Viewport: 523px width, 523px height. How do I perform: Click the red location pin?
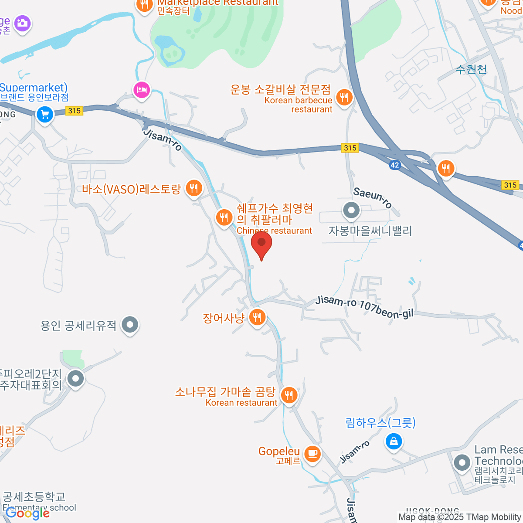pos(261,243)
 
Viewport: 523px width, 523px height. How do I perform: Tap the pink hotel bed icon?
pos(142,91)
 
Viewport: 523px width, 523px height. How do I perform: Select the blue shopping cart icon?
pos(45,115)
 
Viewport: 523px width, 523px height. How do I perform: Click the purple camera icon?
pos(22,23)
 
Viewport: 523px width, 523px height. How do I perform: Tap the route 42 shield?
pos(394,165)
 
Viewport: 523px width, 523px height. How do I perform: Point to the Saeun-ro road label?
pos(373,197)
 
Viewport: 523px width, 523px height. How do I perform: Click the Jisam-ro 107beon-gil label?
pos(364,307)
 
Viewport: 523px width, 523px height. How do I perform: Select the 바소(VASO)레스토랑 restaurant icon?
pos(194,188)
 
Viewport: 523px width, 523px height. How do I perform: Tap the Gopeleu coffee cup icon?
pos(312,453)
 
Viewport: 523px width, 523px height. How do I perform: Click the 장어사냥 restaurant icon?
pos(257,317)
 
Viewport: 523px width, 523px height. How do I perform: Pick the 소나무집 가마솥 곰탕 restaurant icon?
pos(289,395)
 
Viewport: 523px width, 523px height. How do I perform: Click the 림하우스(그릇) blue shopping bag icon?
pos(394,442)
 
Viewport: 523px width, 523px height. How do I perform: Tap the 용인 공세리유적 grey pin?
pos(130,325)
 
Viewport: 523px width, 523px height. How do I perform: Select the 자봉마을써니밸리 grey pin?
pos(351,211)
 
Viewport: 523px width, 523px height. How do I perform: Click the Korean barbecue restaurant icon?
pos(344,97)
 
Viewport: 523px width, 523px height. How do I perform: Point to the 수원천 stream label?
pos(471,69)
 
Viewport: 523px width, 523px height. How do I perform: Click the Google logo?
pos(27,513)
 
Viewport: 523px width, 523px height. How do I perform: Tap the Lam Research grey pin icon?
pos(462,462)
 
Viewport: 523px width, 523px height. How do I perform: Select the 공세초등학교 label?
pos(34,496)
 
